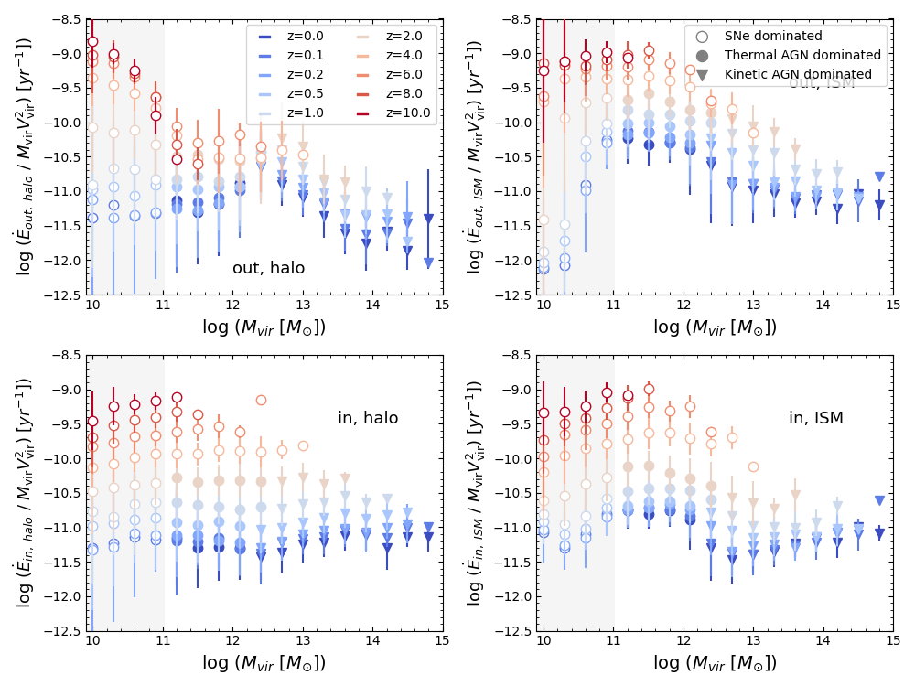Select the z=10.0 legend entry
pyautogui.click(x=407, y=113)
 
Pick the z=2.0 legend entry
pyautogui.click(x=403, y=36)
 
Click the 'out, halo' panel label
pyautogui.click(x=268, y=268)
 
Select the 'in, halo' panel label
pyautogui.click(x=368, y=418)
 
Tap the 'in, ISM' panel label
pyautogui.click(x=816, y=418)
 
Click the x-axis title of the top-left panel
pyautogui.click(x=264, y=327)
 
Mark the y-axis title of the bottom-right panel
pyautogui.click(x=475, y=493)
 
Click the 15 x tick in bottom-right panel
pyautogui.click(x=892, y=641)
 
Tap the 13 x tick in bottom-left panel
pyautogui.click(x=302, y=641)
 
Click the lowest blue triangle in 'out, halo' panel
pyautogui.click(x=428, y=263)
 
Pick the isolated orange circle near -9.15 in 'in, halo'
pyautogui.click(x=261, y=400)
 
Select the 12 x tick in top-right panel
pyautogui.click(x=683, y=305)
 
